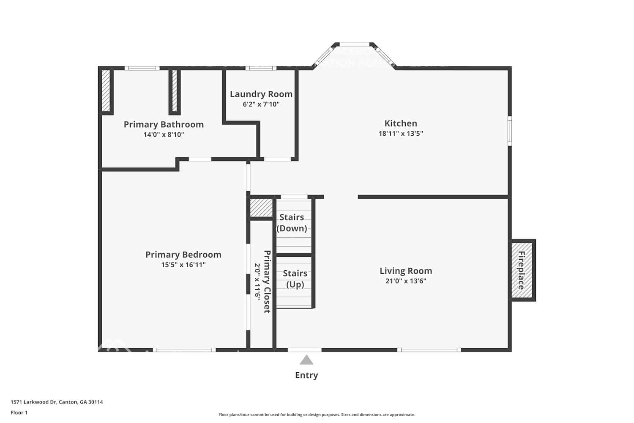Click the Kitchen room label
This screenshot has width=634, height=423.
click(x=401, y=124)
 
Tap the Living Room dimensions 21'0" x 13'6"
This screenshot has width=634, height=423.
click(x=405, y=281)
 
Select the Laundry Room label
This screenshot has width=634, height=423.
click(x=261, y=94)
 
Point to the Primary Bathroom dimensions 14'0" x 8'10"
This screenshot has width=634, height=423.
click(x=164, y=135)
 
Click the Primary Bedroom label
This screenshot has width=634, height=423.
click(x=183, y=255)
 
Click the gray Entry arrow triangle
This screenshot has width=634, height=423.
click(x=306, y=360)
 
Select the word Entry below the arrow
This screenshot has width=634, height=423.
click(x=306, y=375)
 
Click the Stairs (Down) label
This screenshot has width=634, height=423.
click(x=292, y=222)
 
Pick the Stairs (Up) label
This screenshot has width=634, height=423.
click(x=295, y=279)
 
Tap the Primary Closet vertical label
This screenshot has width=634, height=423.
click(x=267, y=281)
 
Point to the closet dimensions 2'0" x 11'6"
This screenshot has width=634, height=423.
click(x=257, y=281)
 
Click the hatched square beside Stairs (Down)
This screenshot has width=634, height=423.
click(x=261, y=208)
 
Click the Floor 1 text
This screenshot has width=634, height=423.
click(x=19, y=412)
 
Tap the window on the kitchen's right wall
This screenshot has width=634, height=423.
click(x=510, y=131)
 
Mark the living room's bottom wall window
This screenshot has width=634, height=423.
click(x=429, y=350)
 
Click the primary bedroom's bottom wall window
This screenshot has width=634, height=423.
click(x=184, y=350)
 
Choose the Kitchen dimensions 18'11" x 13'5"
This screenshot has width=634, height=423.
click(x=401, y=134)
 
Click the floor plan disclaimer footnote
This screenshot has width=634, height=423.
click(x=317, y=415)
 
